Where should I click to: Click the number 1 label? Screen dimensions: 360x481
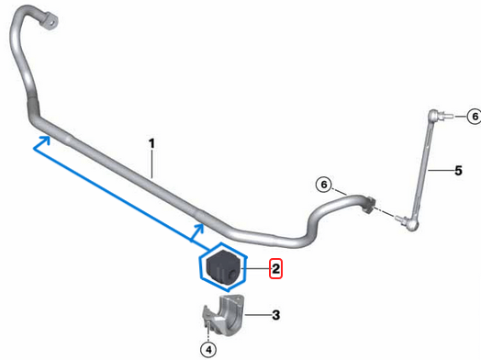coord(151,143)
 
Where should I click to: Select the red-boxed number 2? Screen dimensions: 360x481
coord(274,269)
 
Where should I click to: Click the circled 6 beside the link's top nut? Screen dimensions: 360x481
coord(474,116)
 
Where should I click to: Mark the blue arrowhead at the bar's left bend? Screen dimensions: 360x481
coord(40,141)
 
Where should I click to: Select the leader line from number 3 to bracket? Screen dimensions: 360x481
coord(257,314)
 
